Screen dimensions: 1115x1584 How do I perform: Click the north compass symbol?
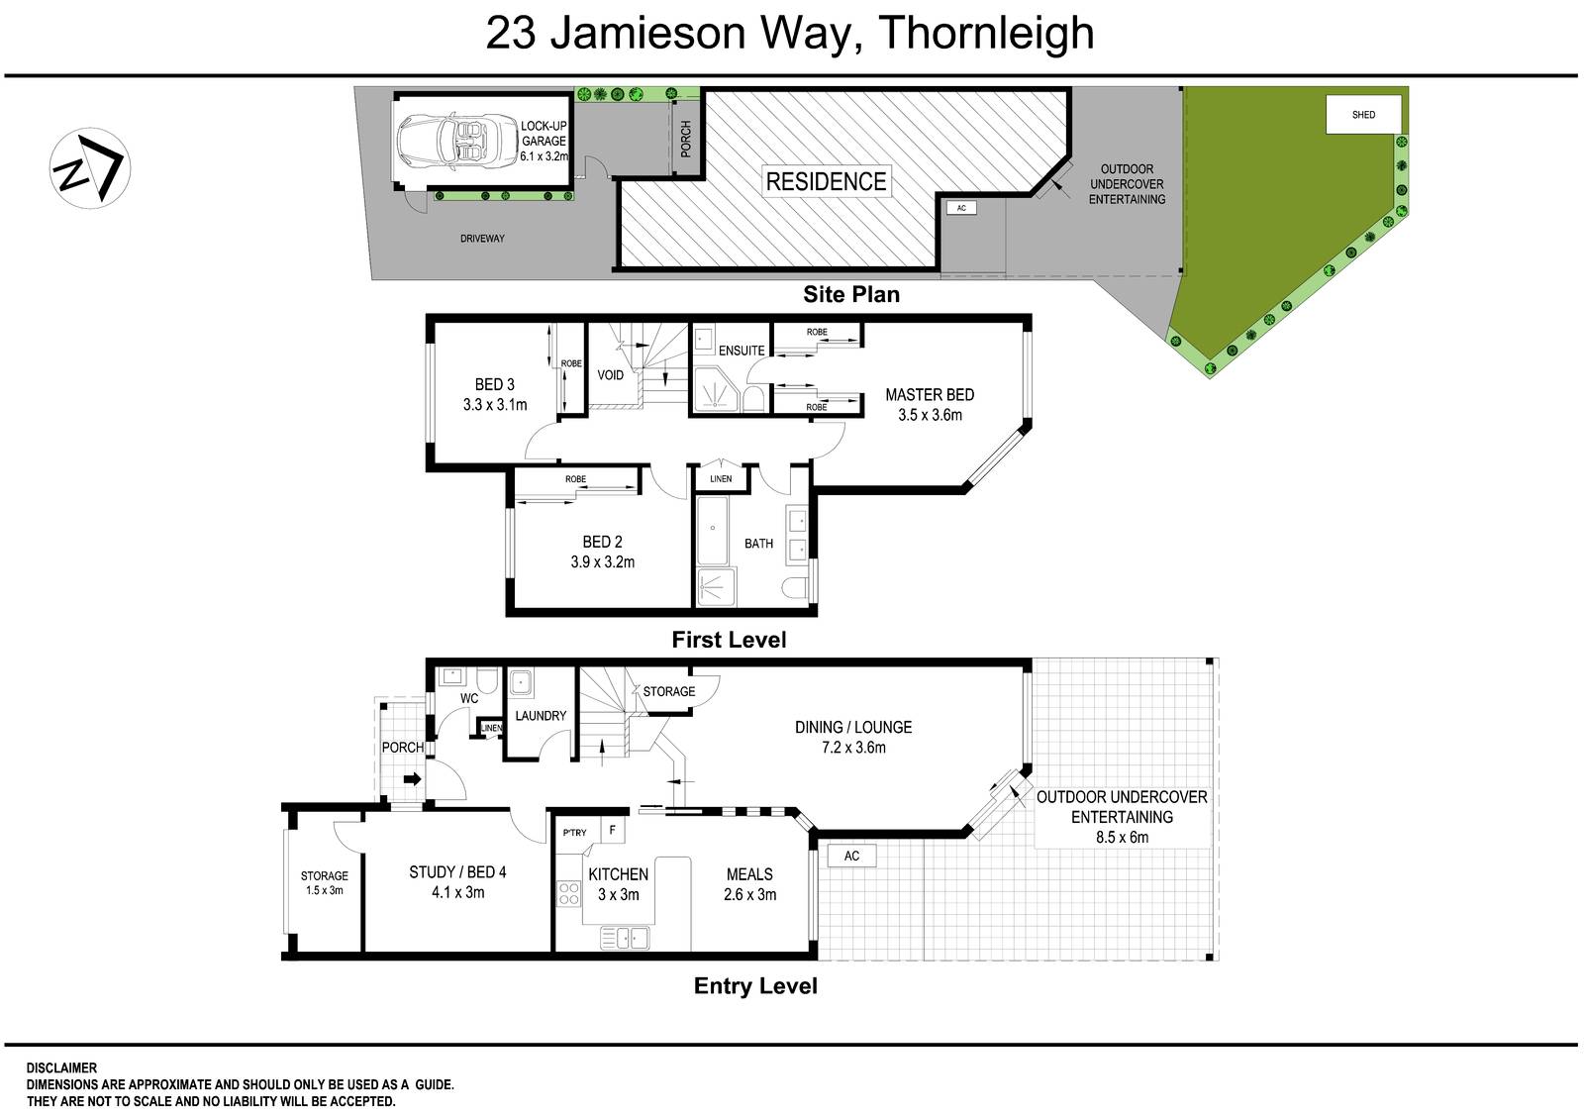coord(90,166)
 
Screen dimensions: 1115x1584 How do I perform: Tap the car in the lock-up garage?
coord(445,140)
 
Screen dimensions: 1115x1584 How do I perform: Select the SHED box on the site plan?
coord(1363,115)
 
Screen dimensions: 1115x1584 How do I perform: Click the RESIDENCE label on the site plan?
coord(826,181)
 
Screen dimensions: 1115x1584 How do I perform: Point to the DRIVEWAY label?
coord(482,239)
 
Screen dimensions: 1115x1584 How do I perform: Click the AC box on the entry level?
coord(851,856)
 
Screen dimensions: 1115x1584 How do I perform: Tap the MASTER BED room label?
coord(929,394)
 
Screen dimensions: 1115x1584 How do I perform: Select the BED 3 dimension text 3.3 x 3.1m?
coord(494,404)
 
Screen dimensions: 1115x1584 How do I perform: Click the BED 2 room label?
coord(602,542)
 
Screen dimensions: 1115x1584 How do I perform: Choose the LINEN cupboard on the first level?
coord(721,479)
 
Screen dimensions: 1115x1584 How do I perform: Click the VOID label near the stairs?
coord(611,374)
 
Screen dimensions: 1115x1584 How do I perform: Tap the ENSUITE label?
coord(742,351)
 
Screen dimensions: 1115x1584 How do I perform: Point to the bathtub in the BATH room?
coord(712,530)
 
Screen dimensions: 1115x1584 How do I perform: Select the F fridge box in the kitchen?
coord(613,831)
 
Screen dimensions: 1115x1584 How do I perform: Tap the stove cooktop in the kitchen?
coord(568,893)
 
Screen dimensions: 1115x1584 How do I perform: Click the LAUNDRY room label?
coord(541,715)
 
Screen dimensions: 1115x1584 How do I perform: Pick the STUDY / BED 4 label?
coord(457,872)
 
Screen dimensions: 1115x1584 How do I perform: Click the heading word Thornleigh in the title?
coord(985,34)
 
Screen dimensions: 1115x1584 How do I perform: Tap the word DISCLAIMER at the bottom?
coord(61,1068)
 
